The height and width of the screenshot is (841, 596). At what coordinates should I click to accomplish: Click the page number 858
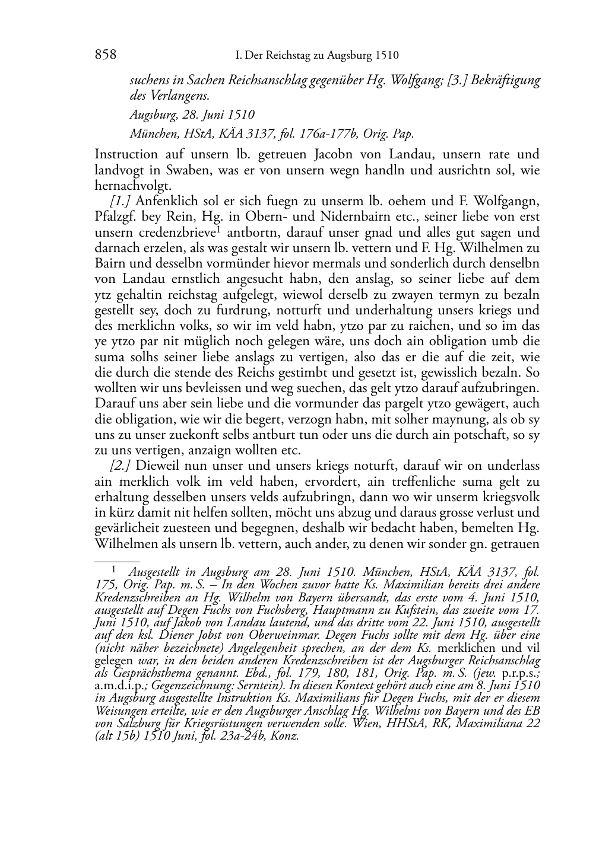point(105,55)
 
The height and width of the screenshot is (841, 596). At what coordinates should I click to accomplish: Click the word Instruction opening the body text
point(126,154)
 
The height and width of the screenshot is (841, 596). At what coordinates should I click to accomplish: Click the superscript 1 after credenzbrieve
point(219,230)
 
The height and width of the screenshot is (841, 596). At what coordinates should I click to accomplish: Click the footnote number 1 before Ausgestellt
point(115,571)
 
